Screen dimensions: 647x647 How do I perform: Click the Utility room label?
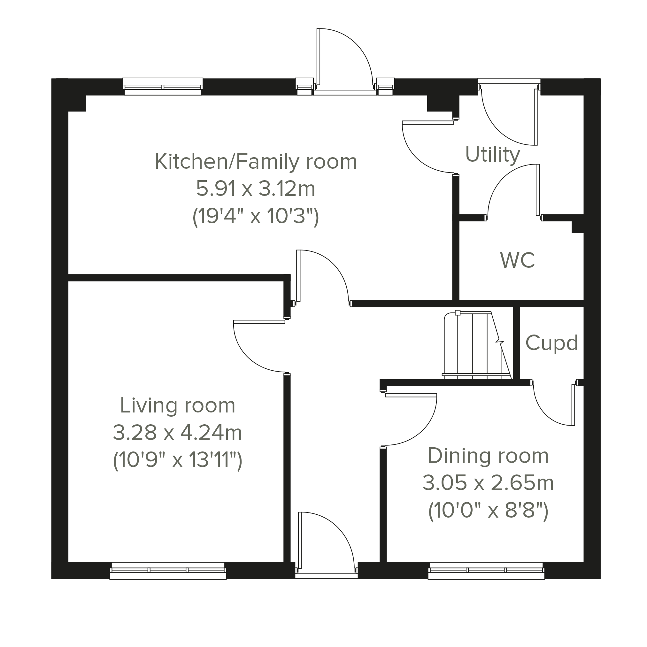click(492, 155)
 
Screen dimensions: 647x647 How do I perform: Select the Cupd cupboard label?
click(551, 343)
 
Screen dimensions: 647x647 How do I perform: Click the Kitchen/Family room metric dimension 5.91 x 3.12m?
click(256, 189)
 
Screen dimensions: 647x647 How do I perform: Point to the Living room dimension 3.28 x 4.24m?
click(178, 432)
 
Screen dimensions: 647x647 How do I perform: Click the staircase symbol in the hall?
click(477, 345)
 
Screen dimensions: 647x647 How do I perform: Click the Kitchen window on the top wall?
click(163, 86)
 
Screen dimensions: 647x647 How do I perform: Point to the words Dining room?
click(488, 456)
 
